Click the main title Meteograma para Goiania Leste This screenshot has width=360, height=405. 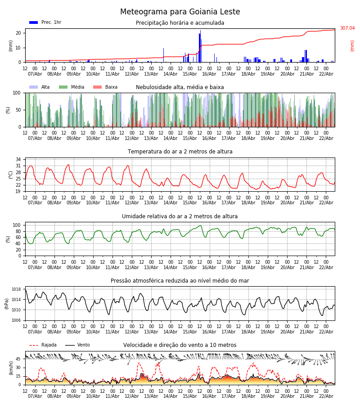(x=180, y=12)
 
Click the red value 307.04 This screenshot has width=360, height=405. (x=347, y=28)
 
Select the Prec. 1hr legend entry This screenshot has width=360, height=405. (x=45, y=22)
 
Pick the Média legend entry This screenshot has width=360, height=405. (x=72, y=87)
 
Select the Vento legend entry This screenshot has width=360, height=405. (x=77, y=345)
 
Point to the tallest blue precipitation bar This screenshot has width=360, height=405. (x=200, y=45)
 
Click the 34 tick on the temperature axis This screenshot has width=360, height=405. (x=18, y=160)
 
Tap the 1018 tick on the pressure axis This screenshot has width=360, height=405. (x=16, y=289)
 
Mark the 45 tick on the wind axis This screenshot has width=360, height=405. (x=18, y=359)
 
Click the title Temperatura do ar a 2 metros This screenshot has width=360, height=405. (x=180, y=152)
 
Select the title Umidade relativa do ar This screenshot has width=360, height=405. (x=180, y=216)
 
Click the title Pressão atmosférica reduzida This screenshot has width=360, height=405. (x=180, y=281)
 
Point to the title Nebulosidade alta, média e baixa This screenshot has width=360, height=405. (x=180, y=87)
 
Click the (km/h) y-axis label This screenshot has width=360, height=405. (x=11, y=368)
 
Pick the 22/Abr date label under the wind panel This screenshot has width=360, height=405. (x=326, y=396)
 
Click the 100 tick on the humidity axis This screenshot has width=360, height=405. (x=17, y=225)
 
